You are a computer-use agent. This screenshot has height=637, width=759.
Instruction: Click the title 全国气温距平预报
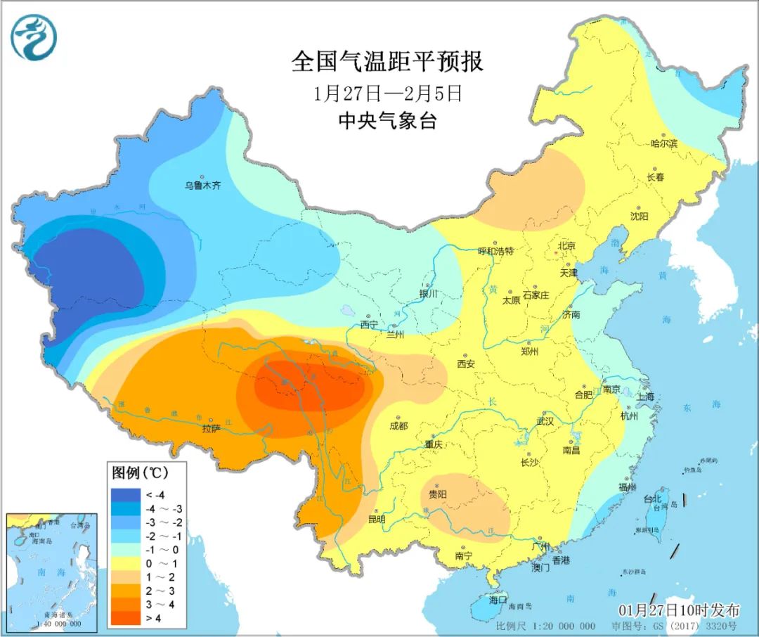[x=387, y=61]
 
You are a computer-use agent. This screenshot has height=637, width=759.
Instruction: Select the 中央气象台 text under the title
[x=387, y=121]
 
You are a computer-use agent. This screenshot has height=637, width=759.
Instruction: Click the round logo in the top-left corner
[x=34, y=38]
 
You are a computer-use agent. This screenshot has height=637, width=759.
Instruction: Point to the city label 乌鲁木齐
[x=202, y=186]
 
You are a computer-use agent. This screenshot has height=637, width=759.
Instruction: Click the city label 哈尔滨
[x=663, y=143]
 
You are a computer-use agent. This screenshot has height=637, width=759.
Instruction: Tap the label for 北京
[x=566, y=246]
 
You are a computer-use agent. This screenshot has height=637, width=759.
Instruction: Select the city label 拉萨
[x=212, y=427]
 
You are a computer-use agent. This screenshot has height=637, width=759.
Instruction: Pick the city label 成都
[x=398, y=425]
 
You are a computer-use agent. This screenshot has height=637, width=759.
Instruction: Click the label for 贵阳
[x=437, y=494]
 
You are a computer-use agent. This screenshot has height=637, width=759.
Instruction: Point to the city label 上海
[x=645, y=397]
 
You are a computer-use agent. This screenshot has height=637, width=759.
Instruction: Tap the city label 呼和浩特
[x=496, y=251]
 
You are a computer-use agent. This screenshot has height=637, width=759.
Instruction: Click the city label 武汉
[x=545, y=421]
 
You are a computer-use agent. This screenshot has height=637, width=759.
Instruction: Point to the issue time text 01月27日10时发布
[x=679, y=609]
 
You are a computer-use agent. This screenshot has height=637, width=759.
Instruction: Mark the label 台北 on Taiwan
[x=652, y=498]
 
